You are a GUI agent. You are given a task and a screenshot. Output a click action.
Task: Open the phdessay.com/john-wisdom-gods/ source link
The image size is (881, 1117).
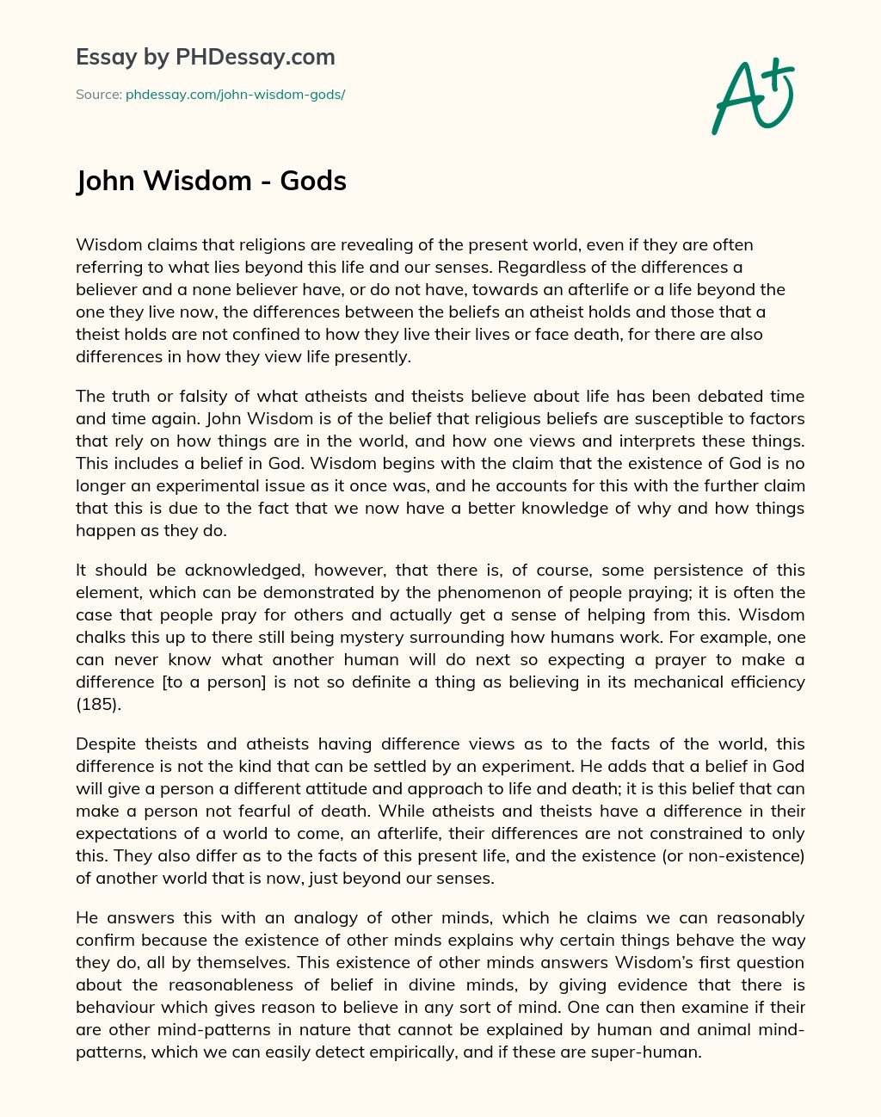(235, 95)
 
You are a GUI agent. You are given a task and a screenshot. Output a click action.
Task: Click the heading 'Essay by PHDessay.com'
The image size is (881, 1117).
(206, 57)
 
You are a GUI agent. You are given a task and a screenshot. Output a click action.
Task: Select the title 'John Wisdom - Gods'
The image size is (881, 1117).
(212, 182)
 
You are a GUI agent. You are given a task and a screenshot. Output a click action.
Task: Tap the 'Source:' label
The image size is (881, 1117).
(98, 95)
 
